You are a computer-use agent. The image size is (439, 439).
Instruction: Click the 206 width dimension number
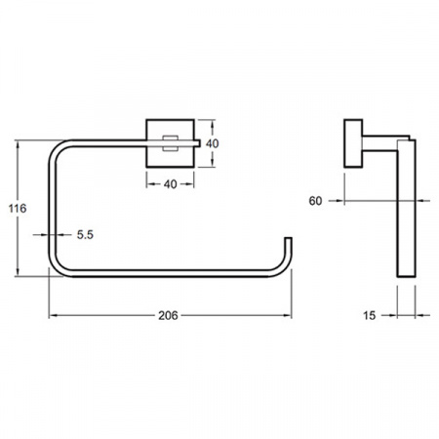[168, 315]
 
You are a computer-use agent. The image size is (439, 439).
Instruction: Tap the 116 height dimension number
[18, 208]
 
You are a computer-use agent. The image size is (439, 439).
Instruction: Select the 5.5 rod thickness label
[85, 234]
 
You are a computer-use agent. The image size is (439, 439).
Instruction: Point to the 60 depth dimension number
[315, 201]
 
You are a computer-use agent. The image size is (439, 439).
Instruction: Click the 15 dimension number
[369, 315]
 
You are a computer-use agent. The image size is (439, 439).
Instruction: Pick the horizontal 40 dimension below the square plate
[170, 184]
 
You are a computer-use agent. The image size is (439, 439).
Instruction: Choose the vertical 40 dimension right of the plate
[213, 143]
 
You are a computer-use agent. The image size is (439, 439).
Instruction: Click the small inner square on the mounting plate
[171, 143]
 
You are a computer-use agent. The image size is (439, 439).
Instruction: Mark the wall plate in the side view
[353, 143]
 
